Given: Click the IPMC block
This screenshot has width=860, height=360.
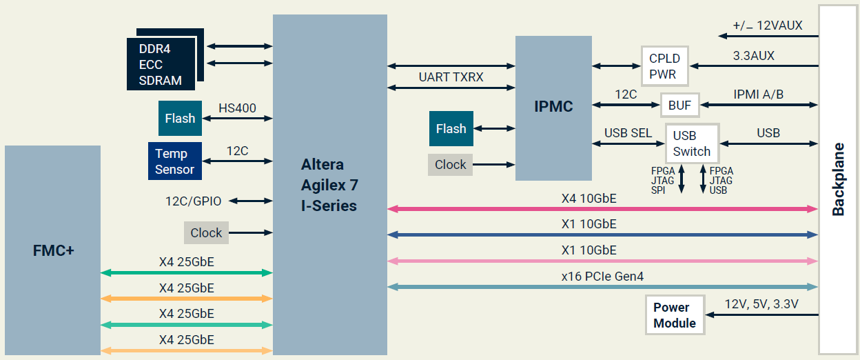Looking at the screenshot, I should coord(553,107).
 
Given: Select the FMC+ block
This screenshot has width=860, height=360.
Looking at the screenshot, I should coord(53,250).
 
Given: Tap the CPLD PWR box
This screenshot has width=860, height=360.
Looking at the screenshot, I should coord(664,66).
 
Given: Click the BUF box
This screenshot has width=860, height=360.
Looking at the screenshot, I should coord(679,106).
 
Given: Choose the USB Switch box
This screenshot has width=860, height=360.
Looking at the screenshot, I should coord(691,143).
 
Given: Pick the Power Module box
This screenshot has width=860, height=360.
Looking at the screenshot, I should coord(675,315).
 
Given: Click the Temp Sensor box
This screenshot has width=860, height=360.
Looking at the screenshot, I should coord(174,161).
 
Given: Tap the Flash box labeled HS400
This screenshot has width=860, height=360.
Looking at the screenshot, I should coord(180,119).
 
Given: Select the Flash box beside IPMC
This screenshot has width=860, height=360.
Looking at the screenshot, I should coord(451,128).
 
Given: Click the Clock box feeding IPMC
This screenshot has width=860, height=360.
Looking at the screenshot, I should coord(450,164).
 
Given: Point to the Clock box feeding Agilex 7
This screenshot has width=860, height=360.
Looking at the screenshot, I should coord(206,232).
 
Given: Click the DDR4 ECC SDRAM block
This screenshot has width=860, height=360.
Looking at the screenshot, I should coord(161,64).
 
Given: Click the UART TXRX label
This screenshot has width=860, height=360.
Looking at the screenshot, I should coord(451,77).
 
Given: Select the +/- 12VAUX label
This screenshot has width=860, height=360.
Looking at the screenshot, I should coord(767,26).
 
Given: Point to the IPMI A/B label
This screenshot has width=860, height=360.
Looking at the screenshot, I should coord(758,94).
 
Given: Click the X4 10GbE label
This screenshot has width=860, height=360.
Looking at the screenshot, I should coord(589,199).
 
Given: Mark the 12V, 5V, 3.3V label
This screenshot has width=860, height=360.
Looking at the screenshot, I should coord(761,304).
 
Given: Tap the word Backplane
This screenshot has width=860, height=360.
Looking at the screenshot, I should coord(838,179).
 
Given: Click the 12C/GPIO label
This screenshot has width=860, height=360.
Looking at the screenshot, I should coord(193,201).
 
